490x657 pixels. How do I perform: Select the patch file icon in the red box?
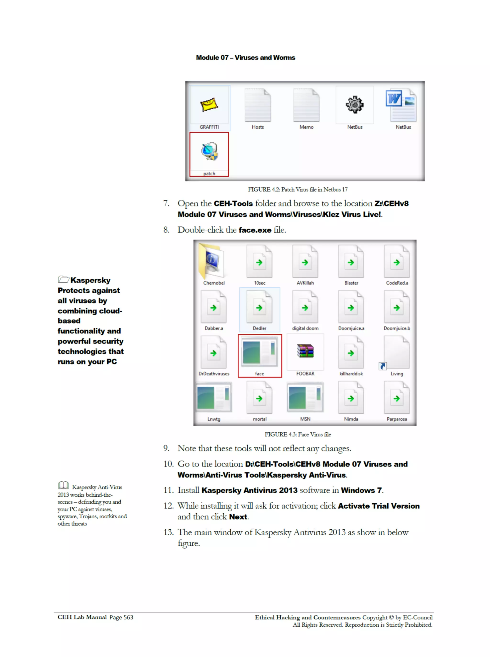click(209, 151)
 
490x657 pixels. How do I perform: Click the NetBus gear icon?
click(354, 105)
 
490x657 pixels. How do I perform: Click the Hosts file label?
click(257, 127)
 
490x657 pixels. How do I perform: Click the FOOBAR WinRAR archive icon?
click(305, 351)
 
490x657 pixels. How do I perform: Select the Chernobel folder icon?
click(212, 261)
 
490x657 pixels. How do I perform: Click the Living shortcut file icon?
click(396, 353)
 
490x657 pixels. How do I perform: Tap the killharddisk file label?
click(351, 374)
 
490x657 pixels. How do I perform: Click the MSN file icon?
click(305, 397)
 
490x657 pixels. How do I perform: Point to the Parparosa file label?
click(396, 419)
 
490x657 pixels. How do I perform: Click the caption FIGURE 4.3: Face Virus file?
click(297, 434)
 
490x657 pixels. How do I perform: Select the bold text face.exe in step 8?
click(255, 230)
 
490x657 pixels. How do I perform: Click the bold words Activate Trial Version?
click(379, 506)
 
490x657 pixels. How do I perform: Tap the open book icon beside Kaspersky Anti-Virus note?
click(63, 485)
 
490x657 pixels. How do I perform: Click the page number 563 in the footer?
click(128, 618)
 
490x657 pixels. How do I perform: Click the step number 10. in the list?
click(168, 464)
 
